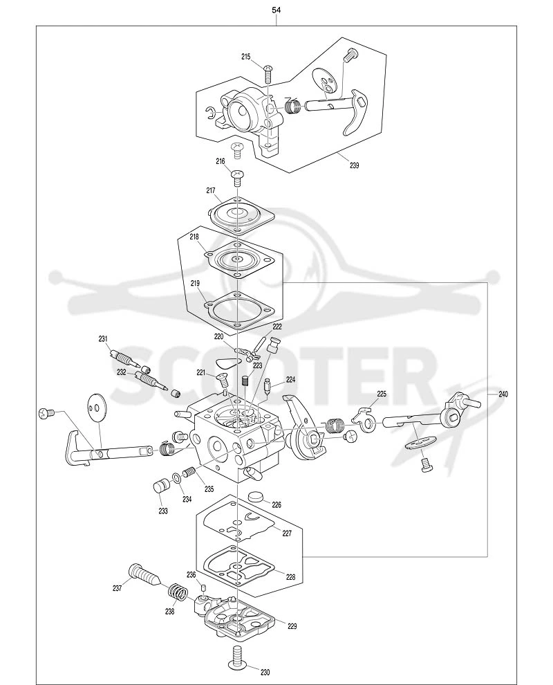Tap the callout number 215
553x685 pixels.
click(x=246, y=56)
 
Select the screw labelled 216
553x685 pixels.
click(x=237, y=176)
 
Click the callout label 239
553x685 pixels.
click(x=355, y=165)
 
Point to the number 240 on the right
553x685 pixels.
click(x=503, y=394)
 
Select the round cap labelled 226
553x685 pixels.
click(x=256, y=497)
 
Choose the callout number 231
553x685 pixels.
click(x=103, y=338)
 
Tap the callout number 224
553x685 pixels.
click(x=291, y=380)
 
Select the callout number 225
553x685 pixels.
click(x=382, y=394)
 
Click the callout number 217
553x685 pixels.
click(x=212, y=190)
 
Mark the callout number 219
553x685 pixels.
click(x=195, y=284)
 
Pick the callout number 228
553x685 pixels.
click(x=290, y=577)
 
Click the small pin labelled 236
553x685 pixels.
click(x=203, y=586)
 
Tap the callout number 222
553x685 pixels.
click(x=277, y=327)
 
